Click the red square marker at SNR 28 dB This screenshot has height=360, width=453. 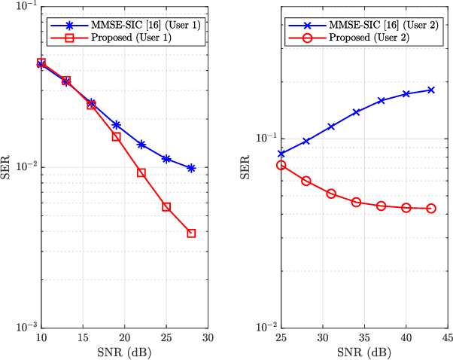click(191, 233)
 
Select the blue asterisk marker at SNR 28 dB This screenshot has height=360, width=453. click(191, 169)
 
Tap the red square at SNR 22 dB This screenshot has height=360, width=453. click(141, 172)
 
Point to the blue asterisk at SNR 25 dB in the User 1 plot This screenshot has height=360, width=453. click(166, 159)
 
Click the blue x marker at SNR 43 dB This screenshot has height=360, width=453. click(431, 90)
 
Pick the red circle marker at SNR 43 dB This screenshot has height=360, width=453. click(431, 209)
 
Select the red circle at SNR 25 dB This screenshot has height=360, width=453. click(281, 165)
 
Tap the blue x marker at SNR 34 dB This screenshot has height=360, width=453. click(356, 111)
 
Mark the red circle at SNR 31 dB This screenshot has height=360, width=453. click(331, 194)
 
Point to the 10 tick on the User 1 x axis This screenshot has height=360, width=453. click(41, 336)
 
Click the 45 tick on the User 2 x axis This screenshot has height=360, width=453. click(448, 336)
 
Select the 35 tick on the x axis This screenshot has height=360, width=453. click(364, 336)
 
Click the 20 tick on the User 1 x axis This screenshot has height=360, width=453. click(125, 336)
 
